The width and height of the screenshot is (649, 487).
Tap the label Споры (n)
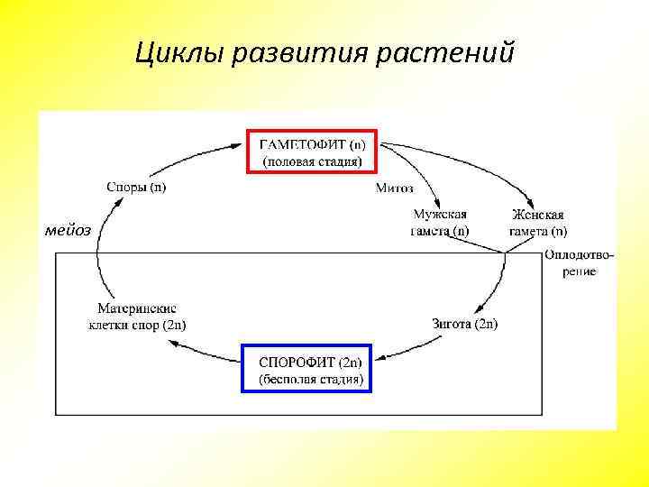click(x=136, y=188)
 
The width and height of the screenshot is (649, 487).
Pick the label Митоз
click(x=394, y=188)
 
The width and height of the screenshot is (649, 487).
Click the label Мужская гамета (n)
click(x=440, y=222)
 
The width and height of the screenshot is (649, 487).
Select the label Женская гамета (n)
click(x=538, y=222)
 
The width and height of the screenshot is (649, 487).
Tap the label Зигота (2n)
click(x=465, y=323)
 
